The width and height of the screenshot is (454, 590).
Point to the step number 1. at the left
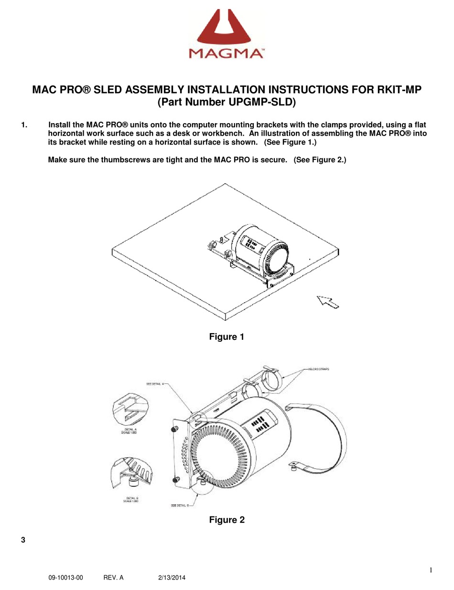(24, 125)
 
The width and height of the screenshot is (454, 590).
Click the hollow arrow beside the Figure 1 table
(328, 302)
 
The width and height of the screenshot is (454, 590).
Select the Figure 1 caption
(227, 337)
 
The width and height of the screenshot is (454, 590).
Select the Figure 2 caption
(227, 520)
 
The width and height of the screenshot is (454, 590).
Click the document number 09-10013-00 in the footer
(65, 578)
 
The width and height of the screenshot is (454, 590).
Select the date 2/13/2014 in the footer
(172, 578)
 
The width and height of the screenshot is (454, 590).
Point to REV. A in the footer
(113, 578)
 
